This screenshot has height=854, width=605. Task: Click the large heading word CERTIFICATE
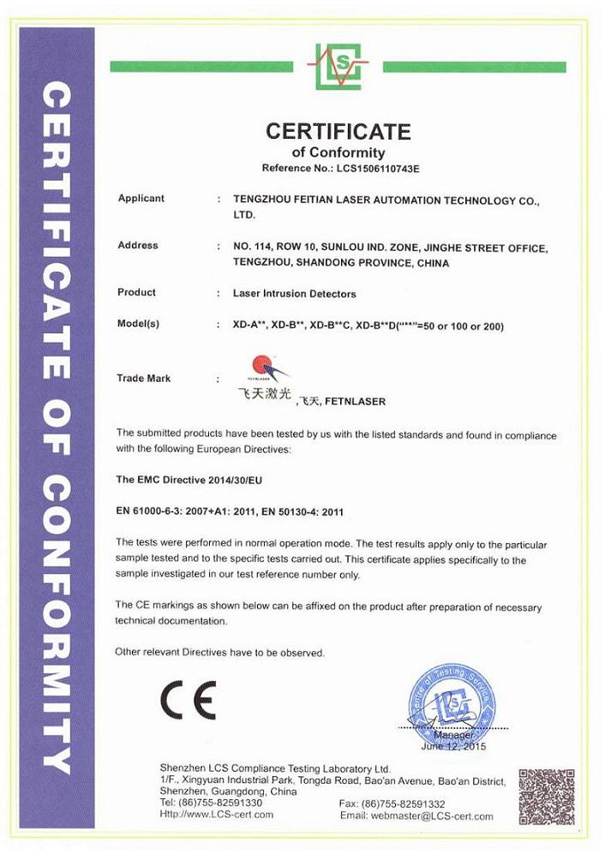338,131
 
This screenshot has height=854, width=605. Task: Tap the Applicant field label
141,198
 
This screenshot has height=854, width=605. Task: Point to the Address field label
137,245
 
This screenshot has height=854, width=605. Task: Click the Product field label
136,292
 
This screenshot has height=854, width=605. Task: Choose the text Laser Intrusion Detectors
294,293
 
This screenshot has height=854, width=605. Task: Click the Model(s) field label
138,324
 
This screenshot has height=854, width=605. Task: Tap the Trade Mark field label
143,378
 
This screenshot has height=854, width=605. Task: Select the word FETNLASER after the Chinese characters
356,401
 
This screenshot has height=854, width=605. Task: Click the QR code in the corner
546,797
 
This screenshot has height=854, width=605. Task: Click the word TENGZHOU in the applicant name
261,200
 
